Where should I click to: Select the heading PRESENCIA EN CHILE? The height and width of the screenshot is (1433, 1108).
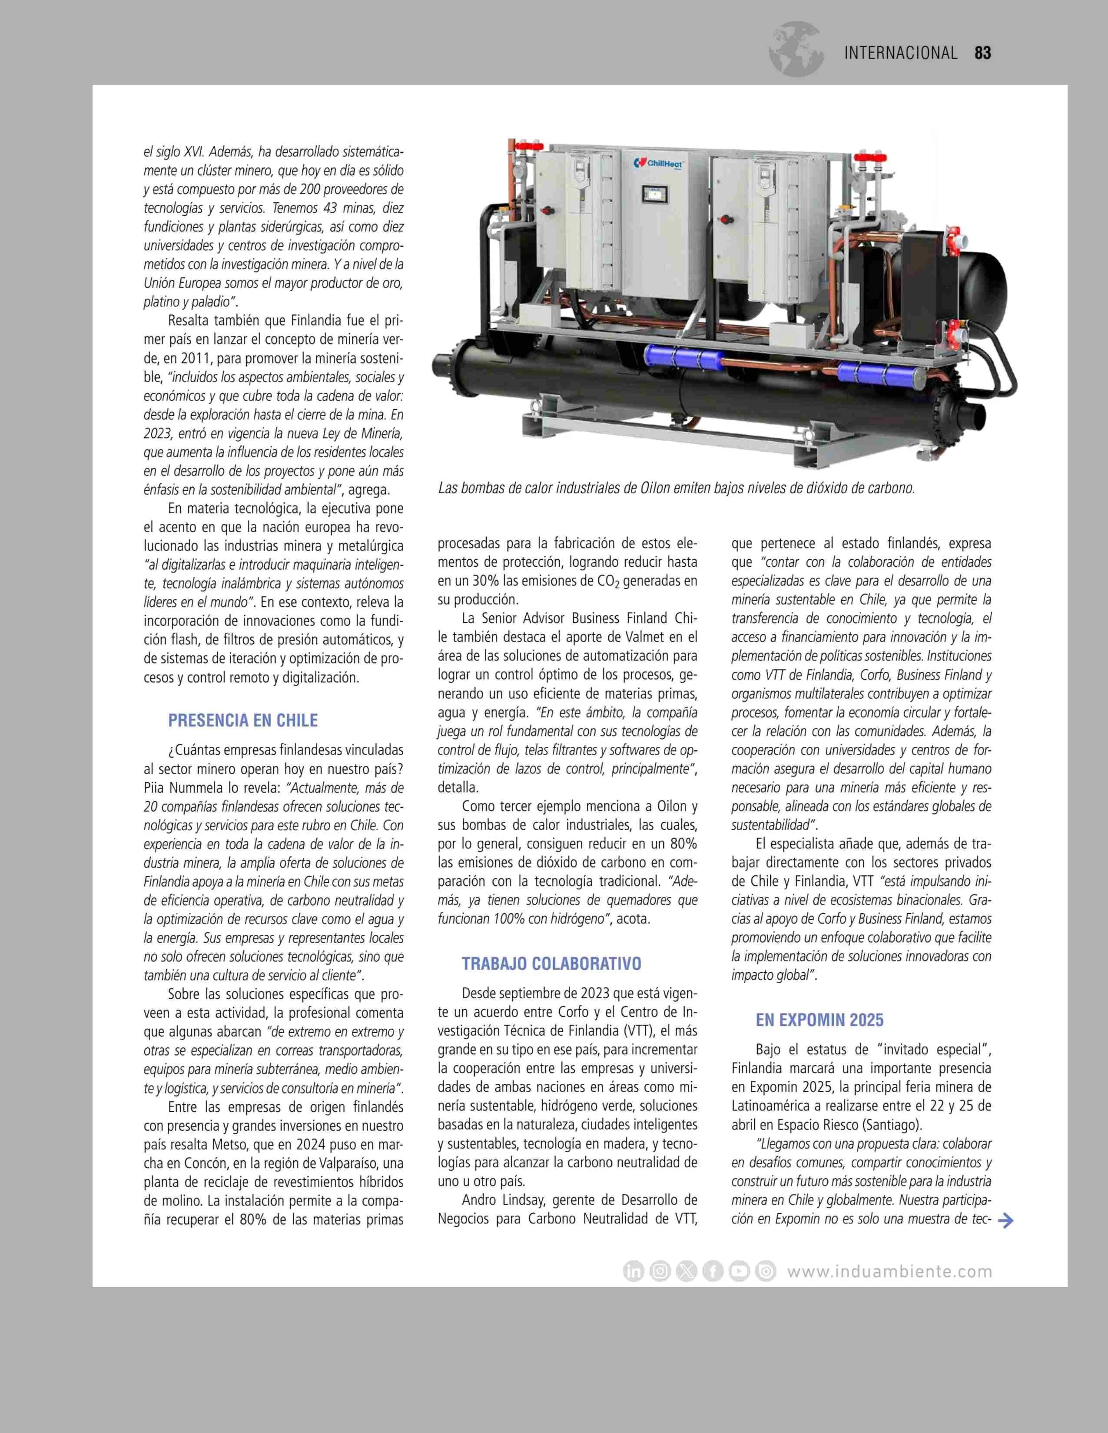[243, 720]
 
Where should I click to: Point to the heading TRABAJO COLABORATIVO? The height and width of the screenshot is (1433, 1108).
[551, 964]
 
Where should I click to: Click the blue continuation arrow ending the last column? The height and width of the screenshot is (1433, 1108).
[1005, 1220]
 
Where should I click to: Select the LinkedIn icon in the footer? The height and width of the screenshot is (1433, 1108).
[634, 1271]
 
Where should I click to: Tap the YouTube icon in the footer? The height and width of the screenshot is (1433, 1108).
[739, 1271]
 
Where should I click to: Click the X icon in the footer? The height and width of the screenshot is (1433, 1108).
[687, 1271]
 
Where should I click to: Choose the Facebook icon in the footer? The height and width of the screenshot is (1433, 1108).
[713, 1271]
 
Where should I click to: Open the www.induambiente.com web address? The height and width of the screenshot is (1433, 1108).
[889, 1271]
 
